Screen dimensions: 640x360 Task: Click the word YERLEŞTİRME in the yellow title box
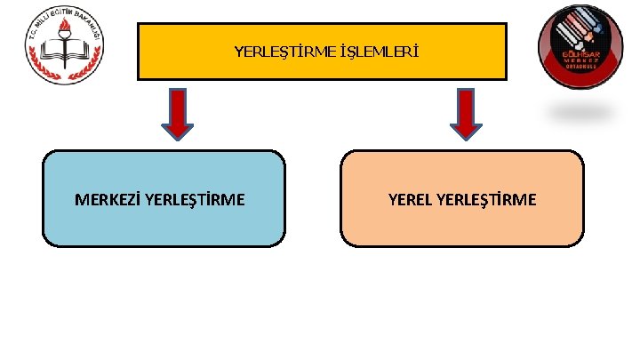(284, 52)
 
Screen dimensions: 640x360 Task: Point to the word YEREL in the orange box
(411, 199)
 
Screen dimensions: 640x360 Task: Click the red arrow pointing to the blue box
(179, 113)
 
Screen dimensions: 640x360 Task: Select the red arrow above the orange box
(464, 113)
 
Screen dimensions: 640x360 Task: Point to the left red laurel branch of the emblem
(40, 55)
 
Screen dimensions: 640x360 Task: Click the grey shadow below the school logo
(581, 112)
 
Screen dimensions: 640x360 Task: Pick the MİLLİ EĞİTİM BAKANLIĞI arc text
(63, 15)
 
